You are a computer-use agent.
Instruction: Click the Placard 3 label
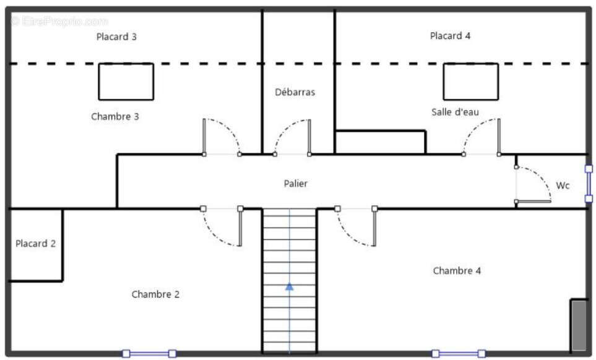coord(116,36)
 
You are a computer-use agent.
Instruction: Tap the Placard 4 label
coord(450,36)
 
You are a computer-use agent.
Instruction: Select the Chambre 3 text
coord(114,116)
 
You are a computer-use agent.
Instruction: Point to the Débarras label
coord(295,92)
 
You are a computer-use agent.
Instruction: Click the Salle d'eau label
coord(455,112)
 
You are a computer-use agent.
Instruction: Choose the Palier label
coord(295,183)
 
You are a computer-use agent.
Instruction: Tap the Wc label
coord(563,185)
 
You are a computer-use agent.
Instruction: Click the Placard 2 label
coord(35,244)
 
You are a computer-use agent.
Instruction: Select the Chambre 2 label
coord(155,294)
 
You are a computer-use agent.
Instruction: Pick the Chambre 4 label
coord(457,270)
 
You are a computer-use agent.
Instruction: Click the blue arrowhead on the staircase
coord(289,286)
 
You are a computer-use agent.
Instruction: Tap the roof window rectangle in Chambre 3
coord(126,81)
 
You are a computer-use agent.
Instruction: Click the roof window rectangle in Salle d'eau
coord(470,81)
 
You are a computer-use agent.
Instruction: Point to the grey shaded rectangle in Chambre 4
coord(579,325)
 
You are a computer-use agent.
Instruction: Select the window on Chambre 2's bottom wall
coord(149,353)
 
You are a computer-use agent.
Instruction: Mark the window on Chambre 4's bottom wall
coord(459,353)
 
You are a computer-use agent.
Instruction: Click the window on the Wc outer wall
coord(589,184)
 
